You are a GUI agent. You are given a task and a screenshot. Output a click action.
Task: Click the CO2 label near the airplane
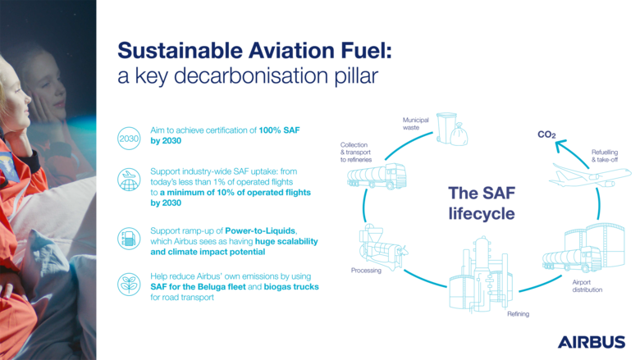(546, 133)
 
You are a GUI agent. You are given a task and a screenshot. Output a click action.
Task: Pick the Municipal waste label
(412, 123)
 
